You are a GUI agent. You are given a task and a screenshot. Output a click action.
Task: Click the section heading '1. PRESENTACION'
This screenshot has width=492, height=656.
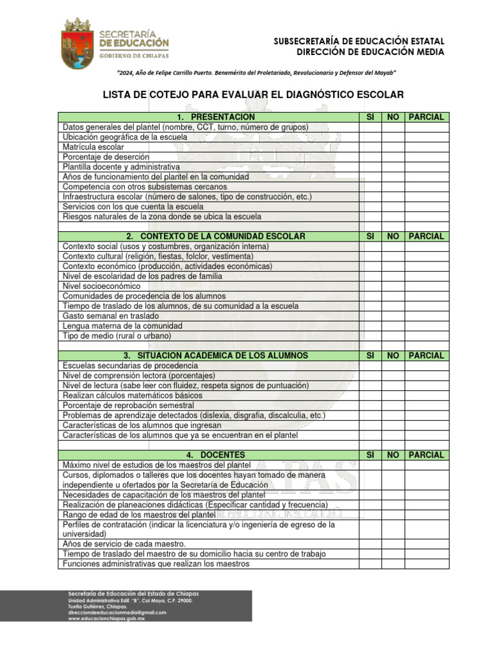(215, 117)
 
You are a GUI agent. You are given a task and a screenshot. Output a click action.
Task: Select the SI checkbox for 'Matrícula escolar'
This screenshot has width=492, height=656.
(370, 147)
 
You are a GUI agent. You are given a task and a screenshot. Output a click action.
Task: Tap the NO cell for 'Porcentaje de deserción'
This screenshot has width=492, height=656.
(393, 157)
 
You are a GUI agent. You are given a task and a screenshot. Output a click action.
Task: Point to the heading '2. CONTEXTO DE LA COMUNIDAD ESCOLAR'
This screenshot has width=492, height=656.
(215, 236)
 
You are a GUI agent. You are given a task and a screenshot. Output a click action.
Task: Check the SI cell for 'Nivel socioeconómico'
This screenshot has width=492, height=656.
(370, 286)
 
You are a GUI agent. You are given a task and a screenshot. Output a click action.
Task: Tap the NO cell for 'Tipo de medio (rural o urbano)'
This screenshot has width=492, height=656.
(393, 336)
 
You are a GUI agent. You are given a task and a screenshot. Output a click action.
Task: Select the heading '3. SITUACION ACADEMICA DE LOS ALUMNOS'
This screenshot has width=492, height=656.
(215, 356)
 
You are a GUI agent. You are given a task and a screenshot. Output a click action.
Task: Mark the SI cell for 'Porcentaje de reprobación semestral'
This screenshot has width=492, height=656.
(370, 406)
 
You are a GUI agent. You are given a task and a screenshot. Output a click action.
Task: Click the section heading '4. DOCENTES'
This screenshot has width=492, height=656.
(215, 455)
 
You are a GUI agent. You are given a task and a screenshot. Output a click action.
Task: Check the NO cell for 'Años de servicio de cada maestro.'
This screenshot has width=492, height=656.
(393, 544)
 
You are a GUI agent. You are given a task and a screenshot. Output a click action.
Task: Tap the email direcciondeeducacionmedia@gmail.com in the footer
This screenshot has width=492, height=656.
(117, 612)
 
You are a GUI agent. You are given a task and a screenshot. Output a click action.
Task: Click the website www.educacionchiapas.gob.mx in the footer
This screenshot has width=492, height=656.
(106, 619)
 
